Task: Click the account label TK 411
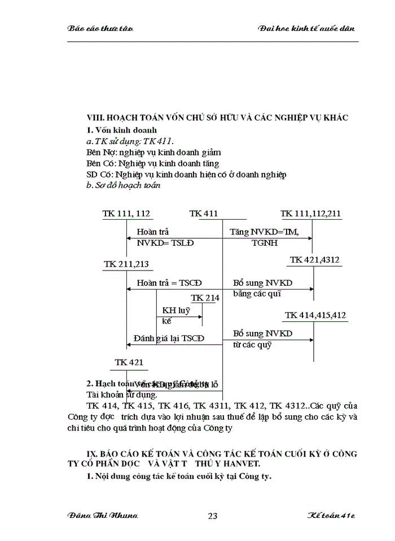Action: (204, 214)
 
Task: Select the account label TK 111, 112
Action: (127, 214)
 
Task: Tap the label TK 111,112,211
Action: (311, 214)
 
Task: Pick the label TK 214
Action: (205, 298)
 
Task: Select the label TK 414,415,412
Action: (315, 315)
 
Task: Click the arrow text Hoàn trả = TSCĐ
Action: (169, 282)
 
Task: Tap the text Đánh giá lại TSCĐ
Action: (169, 338)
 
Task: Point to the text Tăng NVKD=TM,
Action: (264, 232)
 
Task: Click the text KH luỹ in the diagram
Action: (176, 310)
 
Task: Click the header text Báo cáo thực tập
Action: (100, 28)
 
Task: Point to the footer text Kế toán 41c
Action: (331, 516)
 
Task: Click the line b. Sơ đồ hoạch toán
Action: (120, 185)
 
